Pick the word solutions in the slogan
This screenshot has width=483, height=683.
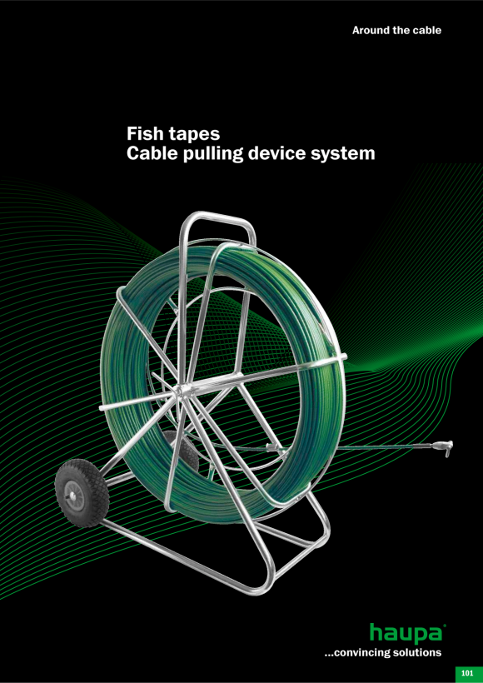(421, 652)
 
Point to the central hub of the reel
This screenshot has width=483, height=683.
(182, 391)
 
